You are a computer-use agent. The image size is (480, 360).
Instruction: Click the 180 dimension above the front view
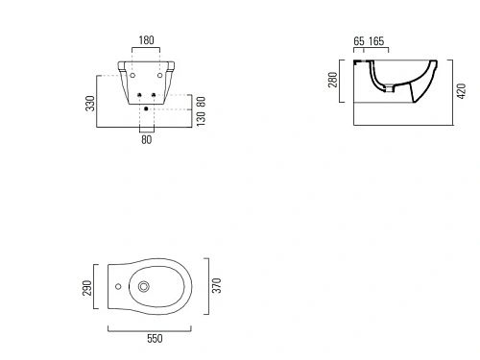[x=145, y=40]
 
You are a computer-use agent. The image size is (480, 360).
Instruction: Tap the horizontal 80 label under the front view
[x=146, y=139]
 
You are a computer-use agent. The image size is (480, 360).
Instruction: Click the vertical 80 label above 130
[x=200, y=99]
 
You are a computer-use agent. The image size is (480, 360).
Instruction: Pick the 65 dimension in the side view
[x=358, y=41]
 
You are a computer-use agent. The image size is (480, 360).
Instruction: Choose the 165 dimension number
[x=376, y=41]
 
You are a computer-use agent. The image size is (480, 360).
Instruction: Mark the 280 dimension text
[x=333, y=79]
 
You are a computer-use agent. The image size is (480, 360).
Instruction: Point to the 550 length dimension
[x=154, y=338]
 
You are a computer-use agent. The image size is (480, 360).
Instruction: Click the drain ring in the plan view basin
[x=144, y=286]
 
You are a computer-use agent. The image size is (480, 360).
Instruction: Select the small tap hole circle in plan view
[x=117, y=286]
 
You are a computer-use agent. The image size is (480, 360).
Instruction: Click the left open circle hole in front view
[x=133, y=75]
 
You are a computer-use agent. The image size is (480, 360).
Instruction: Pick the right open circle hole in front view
[x=156, y=75]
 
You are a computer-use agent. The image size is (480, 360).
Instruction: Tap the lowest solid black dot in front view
[x=145, y=108]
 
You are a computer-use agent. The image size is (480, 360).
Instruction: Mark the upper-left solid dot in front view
[x=139, y=94]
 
